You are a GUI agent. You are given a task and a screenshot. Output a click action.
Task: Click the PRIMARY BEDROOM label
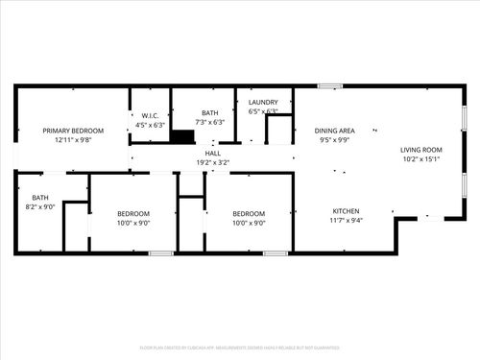[72, 130]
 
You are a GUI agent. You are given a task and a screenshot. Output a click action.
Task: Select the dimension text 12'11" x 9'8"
[72, 140]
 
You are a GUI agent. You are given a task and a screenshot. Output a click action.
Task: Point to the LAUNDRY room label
[263, 102]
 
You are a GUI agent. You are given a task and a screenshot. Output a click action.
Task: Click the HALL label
[213, 153]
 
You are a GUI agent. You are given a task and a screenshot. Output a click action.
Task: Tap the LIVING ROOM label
[420, 149]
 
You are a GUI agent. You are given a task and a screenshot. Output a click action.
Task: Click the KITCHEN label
[347, 210]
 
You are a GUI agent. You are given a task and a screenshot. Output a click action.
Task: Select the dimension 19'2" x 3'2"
[213, 162]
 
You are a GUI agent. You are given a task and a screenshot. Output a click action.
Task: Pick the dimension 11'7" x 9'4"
[347, 220]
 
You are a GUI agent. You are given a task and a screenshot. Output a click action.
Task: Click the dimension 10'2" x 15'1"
[420, 159]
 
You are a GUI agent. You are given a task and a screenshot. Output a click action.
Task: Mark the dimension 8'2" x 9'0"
[39, 206]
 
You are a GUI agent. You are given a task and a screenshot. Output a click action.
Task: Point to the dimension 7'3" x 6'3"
[210, 122]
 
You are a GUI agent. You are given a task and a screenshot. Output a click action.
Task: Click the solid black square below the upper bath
[182, 136]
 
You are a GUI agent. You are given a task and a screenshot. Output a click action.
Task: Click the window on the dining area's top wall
[330, 87]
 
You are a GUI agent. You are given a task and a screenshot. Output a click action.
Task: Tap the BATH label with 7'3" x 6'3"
[210, 112]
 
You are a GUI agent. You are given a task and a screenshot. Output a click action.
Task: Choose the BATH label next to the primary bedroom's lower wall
[39, 198]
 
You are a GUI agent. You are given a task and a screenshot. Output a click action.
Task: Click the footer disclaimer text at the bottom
[239, 347]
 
